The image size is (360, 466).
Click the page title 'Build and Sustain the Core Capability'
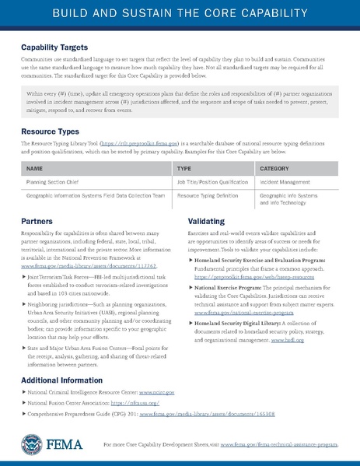[x=180, y=16]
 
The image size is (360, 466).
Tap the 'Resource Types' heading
[x=51, y=133]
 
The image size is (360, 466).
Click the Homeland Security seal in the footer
[x=32, y=444]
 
